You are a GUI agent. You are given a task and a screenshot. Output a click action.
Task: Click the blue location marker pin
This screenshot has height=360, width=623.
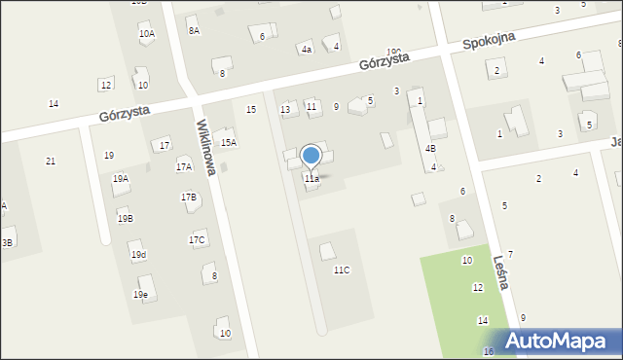pos(311,156)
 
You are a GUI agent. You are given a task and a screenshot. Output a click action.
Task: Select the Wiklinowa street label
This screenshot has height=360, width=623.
pos(206,148)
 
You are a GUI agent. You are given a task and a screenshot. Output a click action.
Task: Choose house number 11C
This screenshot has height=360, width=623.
pos(341,270)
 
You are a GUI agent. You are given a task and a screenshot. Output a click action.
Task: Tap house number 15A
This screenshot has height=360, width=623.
pos(228,143)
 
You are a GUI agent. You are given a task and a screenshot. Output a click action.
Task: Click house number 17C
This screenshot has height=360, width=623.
pos(198,240)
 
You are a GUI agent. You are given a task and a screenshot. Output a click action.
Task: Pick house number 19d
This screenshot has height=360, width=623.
pos(139,255)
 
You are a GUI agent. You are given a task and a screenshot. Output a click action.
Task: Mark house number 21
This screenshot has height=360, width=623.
pos(50,161)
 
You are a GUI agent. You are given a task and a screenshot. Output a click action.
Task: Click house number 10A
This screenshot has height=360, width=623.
pos(146,34)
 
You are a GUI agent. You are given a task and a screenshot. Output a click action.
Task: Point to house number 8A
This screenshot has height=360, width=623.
pos(194,31)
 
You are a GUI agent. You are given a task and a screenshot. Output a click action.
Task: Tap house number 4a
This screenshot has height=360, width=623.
pos(306,49)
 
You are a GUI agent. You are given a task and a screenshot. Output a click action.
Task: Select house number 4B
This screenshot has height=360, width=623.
pos(429,149)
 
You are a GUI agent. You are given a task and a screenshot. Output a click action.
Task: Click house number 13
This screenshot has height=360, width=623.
pos(285,110)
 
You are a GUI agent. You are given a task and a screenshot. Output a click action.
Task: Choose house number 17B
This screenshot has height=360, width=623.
pos(189,198)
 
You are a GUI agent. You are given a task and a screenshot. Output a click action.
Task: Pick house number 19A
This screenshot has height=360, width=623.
pos(121,179)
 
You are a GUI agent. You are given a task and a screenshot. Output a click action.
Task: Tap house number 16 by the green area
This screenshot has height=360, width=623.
pos(488,351)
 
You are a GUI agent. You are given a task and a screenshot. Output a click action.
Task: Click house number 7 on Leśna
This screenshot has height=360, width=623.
pos(510,254)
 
